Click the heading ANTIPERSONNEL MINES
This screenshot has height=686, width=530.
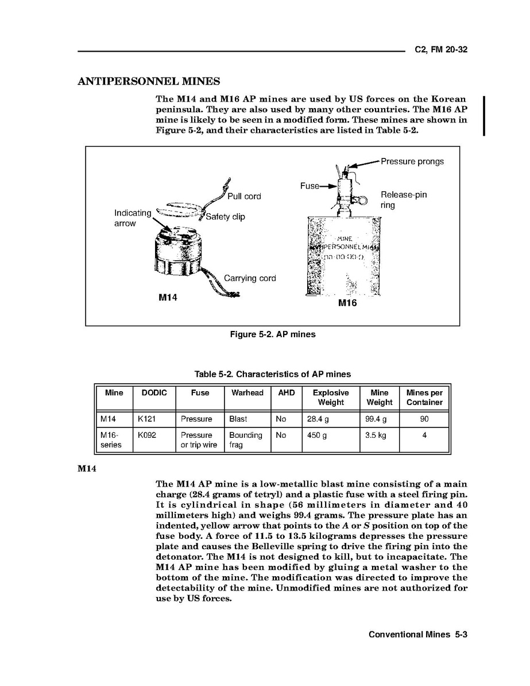tap(149, 81)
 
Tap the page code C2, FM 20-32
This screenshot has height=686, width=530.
tap(441, 49)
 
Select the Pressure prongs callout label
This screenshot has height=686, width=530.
tap(412, 161)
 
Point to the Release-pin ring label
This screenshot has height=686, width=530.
tap(404, 199)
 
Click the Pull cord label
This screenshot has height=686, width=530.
tap(244, 196)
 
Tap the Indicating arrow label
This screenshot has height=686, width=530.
tap(133, 218)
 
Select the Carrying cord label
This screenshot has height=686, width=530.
tap(250, 279)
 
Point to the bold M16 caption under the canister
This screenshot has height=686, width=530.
tap(347, 303)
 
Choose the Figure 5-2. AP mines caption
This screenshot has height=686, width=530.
tap(272, 334)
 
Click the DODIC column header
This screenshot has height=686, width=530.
tap(154, 393)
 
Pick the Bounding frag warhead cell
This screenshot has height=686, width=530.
tap(245, 440)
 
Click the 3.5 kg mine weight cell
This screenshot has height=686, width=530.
tap(376, 436)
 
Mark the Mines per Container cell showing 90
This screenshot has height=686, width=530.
tap(424, 419)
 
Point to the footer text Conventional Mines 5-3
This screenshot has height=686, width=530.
tap(419, 635)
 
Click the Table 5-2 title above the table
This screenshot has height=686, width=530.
tap(272, 374)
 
